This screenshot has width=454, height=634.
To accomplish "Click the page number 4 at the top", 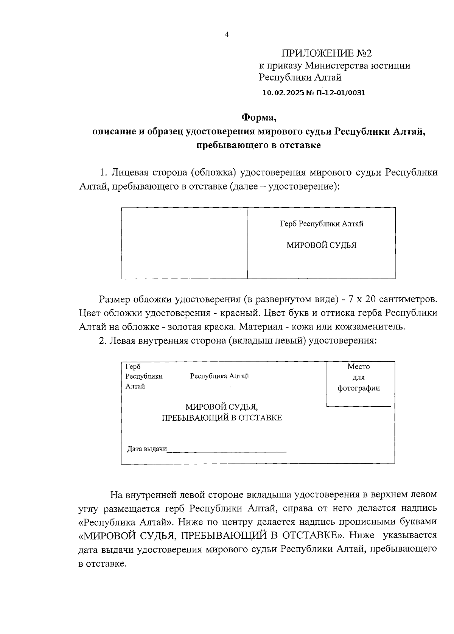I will (227, 34).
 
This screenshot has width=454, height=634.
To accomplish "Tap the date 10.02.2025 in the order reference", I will (280, 93).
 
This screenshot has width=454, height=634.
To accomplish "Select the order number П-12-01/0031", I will (342, 93).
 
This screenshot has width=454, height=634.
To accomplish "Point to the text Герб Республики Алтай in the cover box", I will (321, 224).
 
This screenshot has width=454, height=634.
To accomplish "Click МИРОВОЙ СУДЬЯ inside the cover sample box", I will (321, 246).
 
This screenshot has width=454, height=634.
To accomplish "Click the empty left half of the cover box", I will (184, 243).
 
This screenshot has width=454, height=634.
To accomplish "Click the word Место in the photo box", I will (358, 367).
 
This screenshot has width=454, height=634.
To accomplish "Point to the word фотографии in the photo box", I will (358, 388).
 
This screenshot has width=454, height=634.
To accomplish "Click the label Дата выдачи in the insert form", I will (147, 449).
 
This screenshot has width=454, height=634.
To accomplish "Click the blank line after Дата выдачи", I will (227, 450).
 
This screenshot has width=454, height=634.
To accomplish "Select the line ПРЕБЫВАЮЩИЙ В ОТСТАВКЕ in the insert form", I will (222, 418).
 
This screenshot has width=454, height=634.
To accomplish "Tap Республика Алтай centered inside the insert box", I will (219, 376).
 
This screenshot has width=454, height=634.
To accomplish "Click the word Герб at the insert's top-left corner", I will (133, 367).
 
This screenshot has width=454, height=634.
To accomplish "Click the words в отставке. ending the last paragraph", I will (102, 564).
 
